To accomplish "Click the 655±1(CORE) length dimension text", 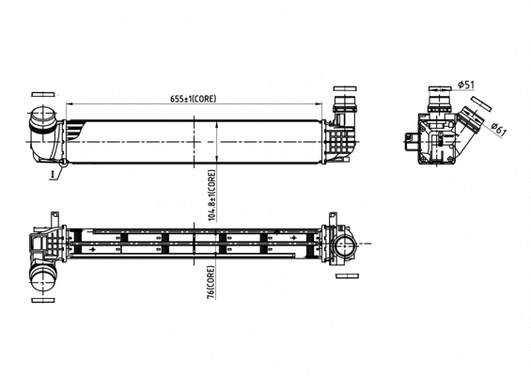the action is click(x=193, y=99).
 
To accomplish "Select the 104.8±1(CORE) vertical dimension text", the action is click(x=212, y=196).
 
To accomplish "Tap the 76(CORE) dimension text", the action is click(x=211, y=282).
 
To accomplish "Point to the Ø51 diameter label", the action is click(x=466, y=85).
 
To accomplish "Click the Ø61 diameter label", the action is click(x=498, y=130).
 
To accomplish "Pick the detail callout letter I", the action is click(x=53, y=175).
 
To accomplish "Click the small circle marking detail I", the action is click(x=63, y=164).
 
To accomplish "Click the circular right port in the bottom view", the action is click(x=343, y=243).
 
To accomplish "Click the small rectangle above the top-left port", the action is click(x=43, y=95).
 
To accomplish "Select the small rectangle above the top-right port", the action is click(x=345, y=88).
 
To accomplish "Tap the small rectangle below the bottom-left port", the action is click(x=43, y=301).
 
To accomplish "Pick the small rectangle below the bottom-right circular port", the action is click(x=347, y=276).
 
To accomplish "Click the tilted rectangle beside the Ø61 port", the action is click(x=481, y=103).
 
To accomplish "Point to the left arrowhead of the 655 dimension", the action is click(x=69, y=104).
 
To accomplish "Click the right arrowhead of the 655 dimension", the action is click(x=318, y=104).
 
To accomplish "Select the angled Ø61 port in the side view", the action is click(x=470, y=121).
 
